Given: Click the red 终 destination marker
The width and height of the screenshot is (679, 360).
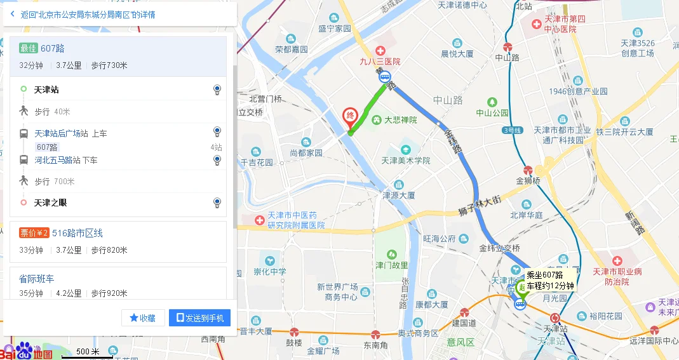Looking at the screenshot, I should click(349, 116).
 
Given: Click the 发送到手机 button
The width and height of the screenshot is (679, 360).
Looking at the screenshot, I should click(199, 318).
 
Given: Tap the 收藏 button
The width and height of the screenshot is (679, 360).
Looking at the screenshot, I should click(143, 318).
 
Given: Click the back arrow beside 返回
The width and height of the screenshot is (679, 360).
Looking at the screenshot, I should click(13, 14).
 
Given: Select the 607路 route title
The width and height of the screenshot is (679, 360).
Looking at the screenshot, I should click(52, 48).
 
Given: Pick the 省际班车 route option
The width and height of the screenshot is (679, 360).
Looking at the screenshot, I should click(37, 279).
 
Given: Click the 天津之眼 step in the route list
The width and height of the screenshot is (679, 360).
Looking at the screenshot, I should click(50, 203).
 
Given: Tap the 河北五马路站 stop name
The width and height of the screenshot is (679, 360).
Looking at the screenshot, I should click(58, 160).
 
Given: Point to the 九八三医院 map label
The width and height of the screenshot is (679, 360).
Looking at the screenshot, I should click(380, 62).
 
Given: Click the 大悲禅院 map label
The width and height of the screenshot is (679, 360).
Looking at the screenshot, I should click(400, 119).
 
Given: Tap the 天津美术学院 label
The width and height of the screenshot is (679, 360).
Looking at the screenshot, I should click(406, 161).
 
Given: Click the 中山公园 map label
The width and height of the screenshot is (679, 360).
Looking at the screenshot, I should click(492, 113).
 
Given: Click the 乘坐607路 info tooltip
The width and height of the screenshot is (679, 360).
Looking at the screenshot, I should click(550, 280).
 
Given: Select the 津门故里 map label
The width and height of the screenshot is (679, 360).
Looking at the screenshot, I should click(391, 265).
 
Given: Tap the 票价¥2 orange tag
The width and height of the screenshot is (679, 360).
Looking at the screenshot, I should click(34, 233).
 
